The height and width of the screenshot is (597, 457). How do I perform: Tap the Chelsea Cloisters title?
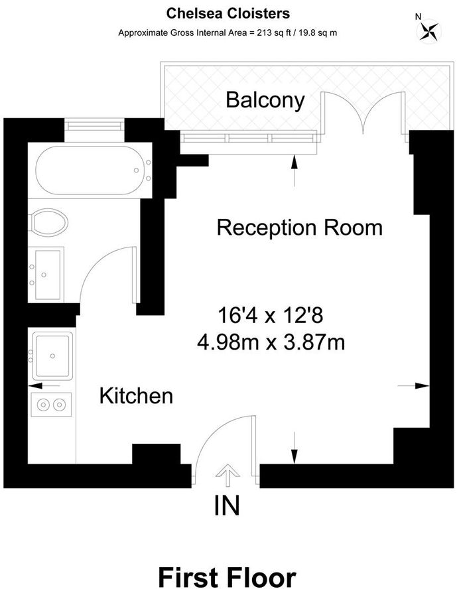tap(228, 13)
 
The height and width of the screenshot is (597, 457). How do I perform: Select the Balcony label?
tap(265, 100)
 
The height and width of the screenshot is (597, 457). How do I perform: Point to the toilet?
tap(50, 222)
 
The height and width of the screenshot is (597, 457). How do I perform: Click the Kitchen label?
tap(136, 397)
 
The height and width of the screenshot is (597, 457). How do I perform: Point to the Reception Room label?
tap(300, 228)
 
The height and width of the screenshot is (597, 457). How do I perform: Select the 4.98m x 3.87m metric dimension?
tap(271, 342)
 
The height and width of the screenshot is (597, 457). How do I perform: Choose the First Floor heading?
tap(227, 577)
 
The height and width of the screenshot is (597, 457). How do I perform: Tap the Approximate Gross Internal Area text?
tap(228, 32)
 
